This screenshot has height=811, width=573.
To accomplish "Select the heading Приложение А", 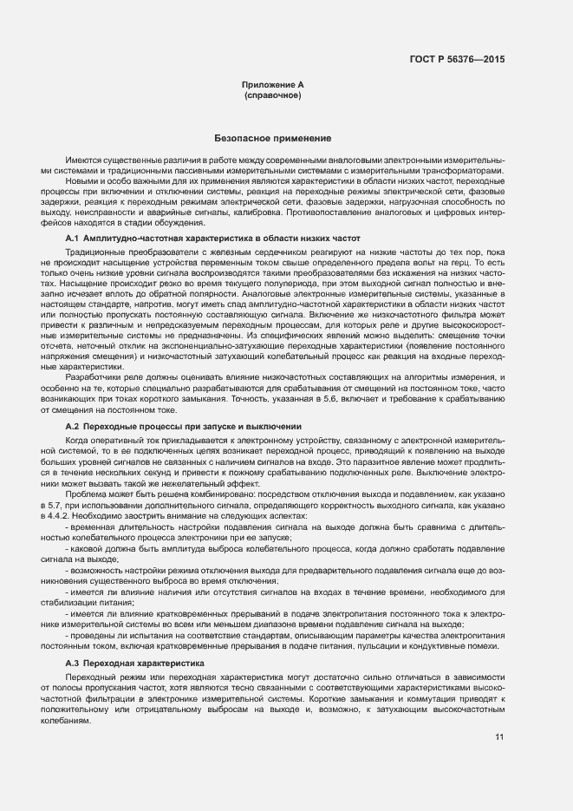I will click(273, 84).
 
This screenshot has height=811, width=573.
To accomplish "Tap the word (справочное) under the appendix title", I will click(273, 95).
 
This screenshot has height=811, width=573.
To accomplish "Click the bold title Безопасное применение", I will click(273, 139).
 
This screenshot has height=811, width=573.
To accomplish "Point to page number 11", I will click(500, 737).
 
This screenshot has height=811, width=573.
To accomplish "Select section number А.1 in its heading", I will click(73, 238).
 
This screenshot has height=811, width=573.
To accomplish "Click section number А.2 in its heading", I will click(73, 427).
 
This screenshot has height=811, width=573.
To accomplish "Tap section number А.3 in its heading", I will click(73, 663).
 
